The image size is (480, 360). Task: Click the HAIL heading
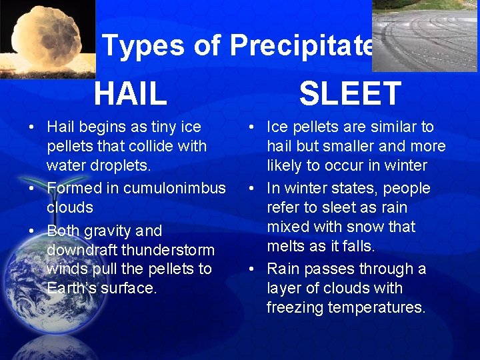(131, 93)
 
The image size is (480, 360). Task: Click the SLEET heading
(350, 93)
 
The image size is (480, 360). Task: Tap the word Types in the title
(143, 45)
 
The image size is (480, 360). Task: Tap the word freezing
(297, 307)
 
